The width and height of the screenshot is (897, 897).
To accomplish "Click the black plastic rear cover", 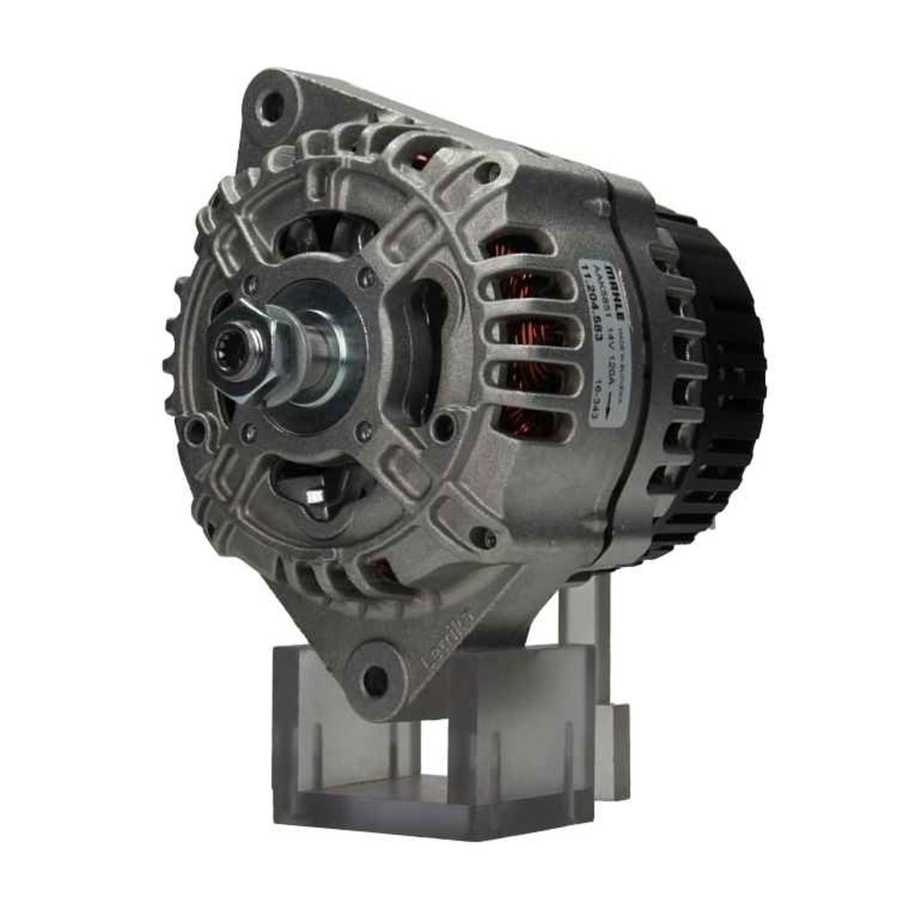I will (718, 377).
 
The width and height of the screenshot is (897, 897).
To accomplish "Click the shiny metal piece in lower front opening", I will (316, 495).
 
